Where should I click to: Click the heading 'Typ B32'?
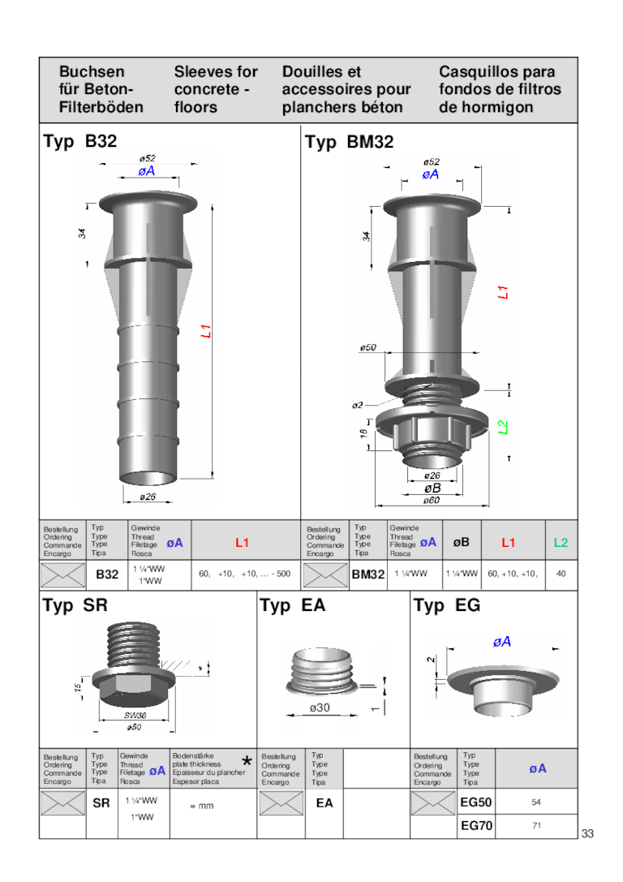79,142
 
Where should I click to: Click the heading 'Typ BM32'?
349,143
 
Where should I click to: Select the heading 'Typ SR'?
75,605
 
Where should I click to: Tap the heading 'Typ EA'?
292,605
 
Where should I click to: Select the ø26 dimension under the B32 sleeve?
148,497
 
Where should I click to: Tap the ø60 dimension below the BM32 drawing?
432,501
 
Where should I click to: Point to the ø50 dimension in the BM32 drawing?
368,347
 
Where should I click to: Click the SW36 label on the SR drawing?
135,716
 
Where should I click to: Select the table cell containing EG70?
476,826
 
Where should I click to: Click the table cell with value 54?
536,802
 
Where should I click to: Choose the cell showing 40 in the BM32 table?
561,574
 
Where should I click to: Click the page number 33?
587,834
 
